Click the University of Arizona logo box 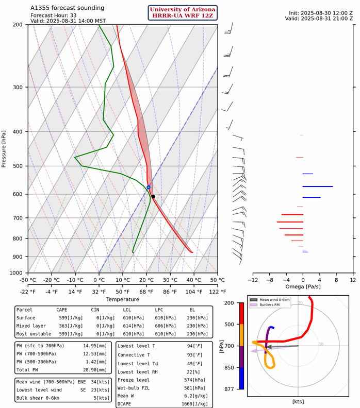(x=183, y=13)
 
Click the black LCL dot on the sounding (x=153, y=196)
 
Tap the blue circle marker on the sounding (x=149, y=187)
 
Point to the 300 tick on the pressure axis (x=18, y=87)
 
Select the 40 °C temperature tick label (x=193, y=280)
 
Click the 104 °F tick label (x=193, y=291)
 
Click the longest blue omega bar (x=317, y=186)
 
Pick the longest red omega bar (x=290, y=222)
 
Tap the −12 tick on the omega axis (x=252, y=280)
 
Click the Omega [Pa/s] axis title (x=303, y=286)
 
